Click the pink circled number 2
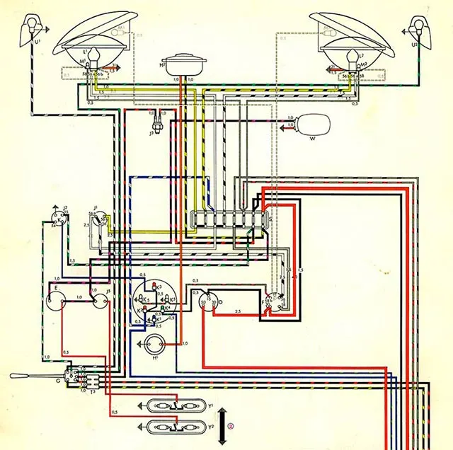click(x=239, y=426)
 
